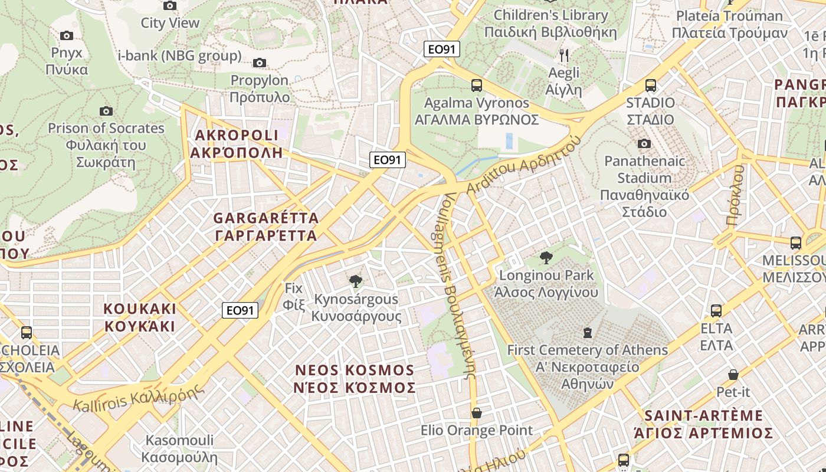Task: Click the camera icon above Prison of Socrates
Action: click(106, 111)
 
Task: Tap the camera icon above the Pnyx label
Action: click(67, 35)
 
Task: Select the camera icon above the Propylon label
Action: click(259, 63)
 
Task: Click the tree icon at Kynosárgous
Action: click(355, 281)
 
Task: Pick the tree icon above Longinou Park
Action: click(546, 257)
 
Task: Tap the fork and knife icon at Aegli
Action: click(564, 55)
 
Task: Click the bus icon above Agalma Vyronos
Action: click(477, 85)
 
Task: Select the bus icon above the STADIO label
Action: click(650, 85)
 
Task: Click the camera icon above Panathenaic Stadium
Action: click(644, 143)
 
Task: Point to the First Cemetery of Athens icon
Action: click(587, 333)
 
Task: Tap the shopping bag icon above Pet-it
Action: click(733, 374)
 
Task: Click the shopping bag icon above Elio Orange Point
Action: click(476, 413)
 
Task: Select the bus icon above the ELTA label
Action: click(716, 310)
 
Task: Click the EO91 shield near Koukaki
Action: click(240, 310)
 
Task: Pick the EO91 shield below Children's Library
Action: click(442, 49)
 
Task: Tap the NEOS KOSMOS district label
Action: click(355, 379)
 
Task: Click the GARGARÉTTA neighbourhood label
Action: click(266, 227)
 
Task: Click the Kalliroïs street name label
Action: click(139, 398)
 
